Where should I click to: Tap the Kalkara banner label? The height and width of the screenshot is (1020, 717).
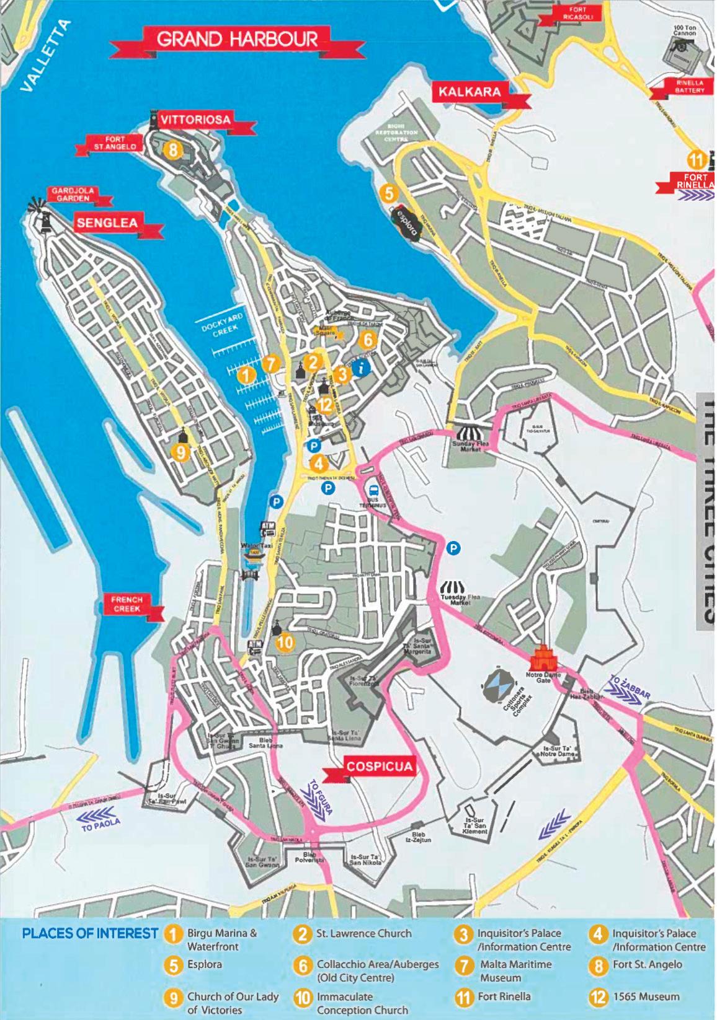[470, 92]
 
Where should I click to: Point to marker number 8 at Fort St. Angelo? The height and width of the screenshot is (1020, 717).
[173, 149]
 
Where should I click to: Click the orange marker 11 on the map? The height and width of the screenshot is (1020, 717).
[697, 160]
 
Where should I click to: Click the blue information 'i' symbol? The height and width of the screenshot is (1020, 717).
[362, 368]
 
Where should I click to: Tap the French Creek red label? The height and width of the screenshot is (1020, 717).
[127, 604]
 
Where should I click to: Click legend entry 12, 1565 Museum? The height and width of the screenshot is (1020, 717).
[637, 997]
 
